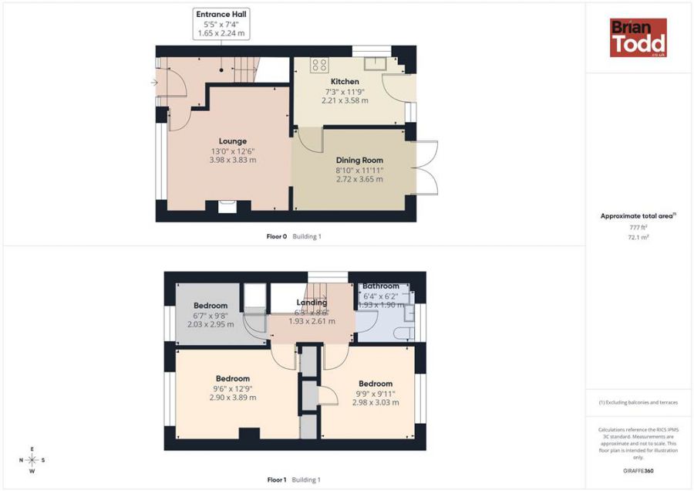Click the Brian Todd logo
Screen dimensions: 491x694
[638, 38]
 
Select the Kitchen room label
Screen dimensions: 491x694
[344, 82]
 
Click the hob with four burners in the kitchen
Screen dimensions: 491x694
[319, 65]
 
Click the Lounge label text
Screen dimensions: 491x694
[232, 141]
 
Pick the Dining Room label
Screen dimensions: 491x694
[359, 160]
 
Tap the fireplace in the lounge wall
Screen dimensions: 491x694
[228, 205]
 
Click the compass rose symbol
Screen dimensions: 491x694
[32, 460]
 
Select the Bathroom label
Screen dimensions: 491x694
[381, 286]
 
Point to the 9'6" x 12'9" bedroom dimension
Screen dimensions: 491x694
[232, 388]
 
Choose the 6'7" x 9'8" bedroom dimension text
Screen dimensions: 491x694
[210, 315]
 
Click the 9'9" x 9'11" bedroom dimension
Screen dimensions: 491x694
[376, 393]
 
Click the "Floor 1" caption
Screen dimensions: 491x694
[276, 479]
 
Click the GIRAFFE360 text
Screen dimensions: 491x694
[638, 470]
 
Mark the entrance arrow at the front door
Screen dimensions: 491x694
[155, 83]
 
